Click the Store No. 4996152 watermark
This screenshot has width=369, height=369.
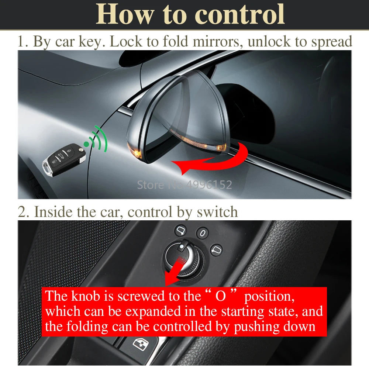tap(184, 185)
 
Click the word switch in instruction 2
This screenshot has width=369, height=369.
tap(217, 212)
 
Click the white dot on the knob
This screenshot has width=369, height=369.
tap(182, 246)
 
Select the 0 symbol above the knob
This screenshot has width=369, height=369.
tap(203, 233)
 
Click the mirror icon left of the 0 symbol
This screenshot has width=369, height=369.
tap(180, 230)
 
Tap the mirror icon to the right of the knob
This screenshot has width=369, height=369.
tap(216, 250)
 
